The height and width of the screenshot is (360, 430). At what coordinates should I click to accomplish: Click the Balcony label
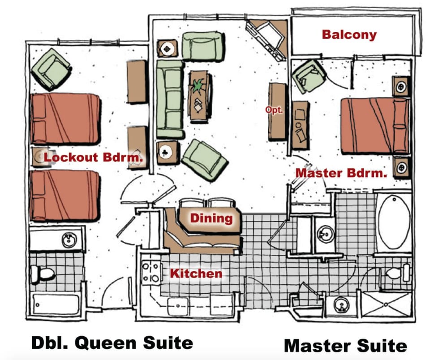tap(349, 35)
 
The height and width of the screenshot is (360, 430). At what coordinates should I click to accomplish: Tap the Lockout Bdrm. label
tap(93, 157)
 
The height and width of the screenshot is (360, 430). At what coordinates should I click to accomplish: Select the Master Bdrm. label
tap(341, 173)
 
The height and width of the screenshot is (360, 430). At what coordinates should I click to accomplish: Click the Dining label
tap(211, 219)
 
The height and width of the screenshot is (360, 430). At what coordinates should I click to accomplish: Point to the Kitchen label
tap(196, 273)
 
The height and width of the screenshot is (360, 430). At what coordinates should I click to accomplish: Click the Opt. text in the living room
tap(274, 109)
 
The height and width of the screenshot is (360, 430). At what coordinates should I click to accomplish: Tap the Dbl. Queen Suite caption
tap(112, 343)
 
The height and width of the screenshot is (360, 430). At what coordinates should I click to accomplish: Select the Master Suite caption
tap(345, 345)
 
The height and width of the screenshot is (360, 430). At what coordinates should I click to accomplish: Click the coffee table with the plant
tap(200, 96)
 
